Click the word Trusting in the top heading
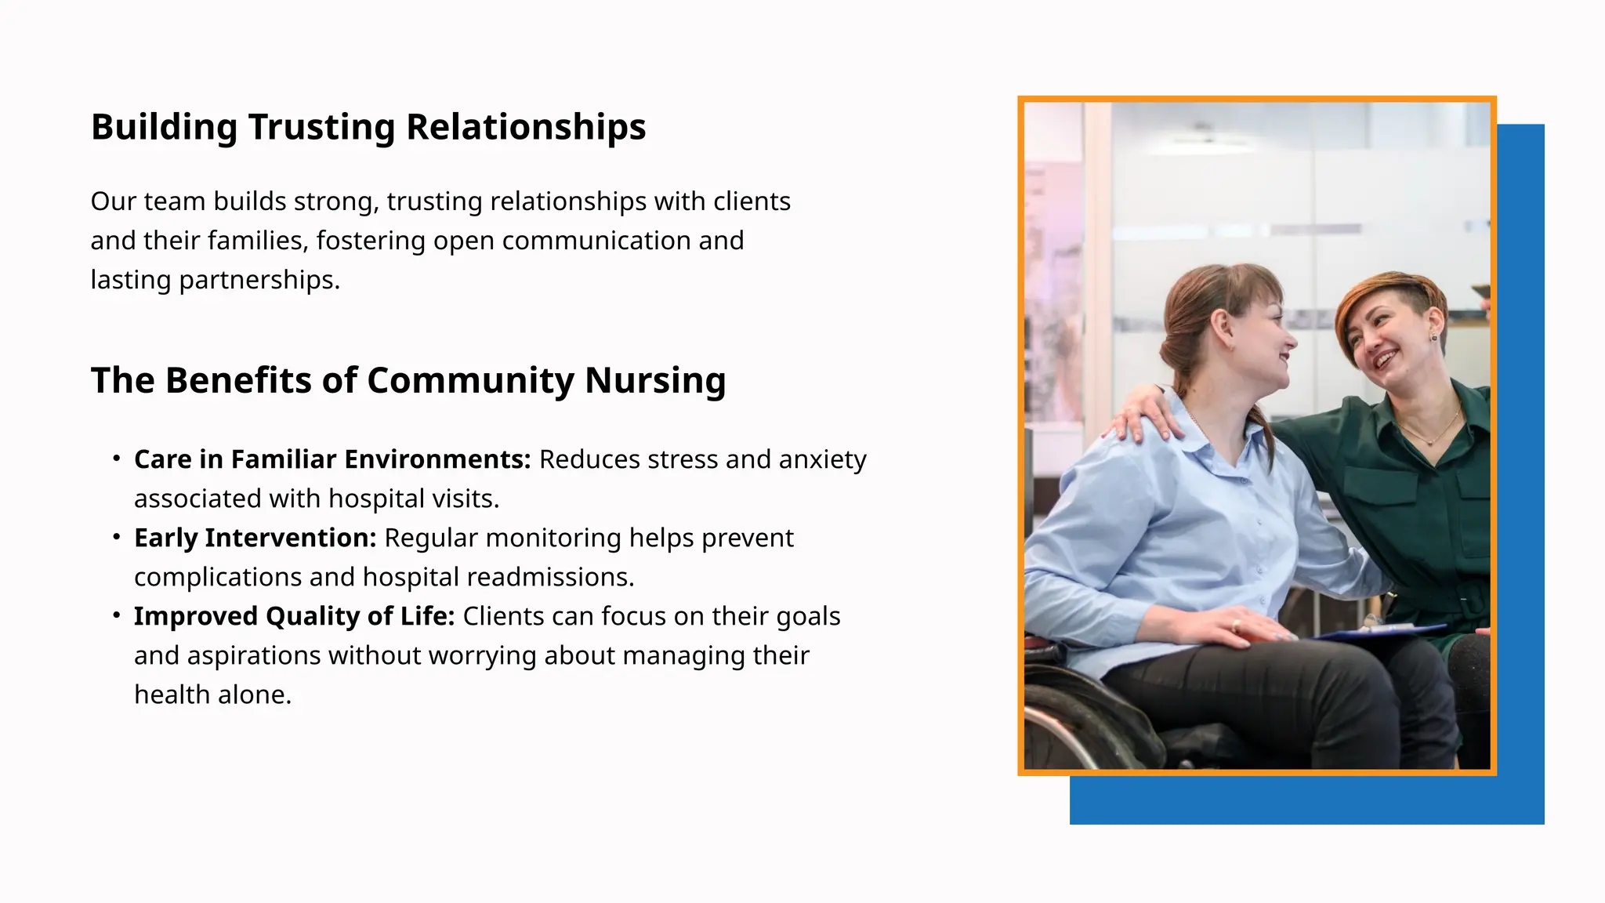321,128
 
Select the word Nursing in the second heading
654,381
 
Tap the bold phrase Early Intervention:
255,539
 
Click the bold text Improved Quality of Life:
294,617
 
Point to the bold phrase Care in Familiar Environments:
332,460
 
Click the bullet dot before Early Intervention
117,537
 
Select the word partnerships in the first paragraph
259,281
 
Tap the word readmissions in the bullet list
550,578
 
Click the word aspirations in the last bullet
227,656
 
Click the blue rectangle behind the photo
1520,470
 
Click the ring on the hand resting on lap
1236,625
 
